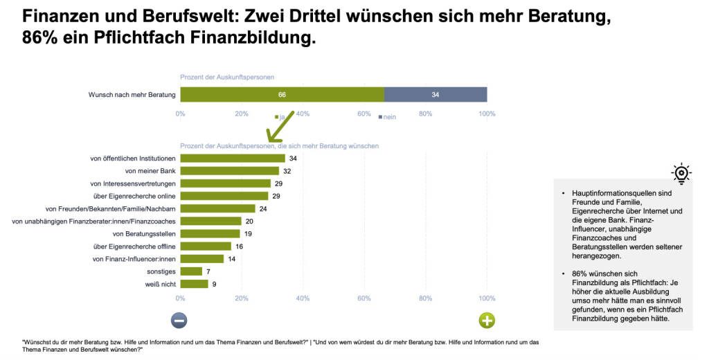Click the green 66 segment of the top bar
pyautogui.click(x=282, y=94)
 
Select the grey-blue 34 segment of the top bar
pyautogui.click(x=435, y=94)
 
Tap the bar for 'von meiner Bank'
pyautogui.click(x=229, y=171)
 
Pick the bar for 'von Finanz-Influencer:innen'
pyautogui.click(x=201, y=259)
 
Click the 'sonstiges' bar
pyautogui.click(x=191, y=271)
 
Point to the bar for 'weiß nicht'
pyautogui.click(x=194, y=284)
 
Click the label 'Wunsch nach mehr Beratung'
pyautogui.click(x=132, y=94)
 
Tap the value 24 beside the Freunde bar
pyautogui.click(x=264, y=208)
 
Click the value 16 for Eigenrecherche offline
pyautogui.click(x=239, y=246)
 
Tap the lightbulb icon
pyautogui.click(x=681, y=172)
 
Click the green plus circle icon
pyautogui.click(x=487, y=320)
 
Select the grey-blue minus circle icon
pyautogui.click(x=179, y=320)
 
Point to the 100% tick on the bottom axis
pyautogui.click(x=487, y=298)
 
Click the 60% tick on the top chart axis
pyautogui.click(x=364, y=114)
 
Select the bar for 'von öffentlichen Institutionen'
pyautogui.click(x=233, y=159)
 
